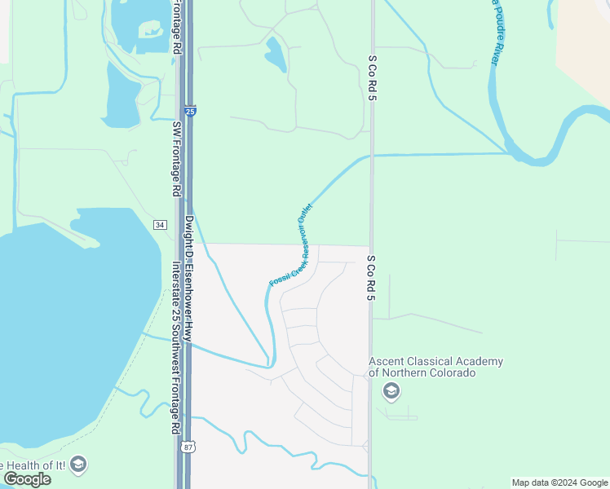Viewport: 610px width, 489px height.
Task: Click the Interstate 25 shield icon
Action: (x=189, y=110)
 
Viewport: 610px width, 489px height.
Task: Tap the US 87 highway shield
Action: (x=189, y=446)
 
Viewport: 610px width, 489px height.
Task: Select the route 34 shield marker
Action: (x=161, y=224)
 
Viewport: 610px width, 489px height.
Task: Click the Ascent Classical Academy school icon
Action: (x=391, y=392)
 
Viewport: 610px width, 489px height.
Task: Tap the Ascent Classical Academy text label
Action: (x=435, y=367)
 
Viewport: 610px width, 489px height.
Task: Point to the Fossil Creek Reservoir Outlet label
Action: (x=291, y=244)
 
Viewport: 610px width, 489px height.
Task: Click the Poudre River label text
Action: (x=495, y=33)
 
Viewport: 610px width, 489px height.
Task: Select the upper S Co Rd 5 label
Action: (x=372, y=78)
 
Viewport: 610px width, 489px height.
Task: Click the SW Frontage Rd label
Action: (x=175, y=159)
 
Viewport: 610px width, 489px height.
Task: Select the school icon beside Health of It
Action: (x=78, y=465)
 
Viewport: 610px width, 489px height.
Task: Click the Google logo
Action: (x=26, y=478)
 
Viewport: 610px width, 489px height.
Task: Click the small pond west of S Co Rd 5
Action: (x=276, y=55)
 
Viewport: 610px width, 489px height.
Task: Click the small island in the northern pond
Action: (x=151, y=32)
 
